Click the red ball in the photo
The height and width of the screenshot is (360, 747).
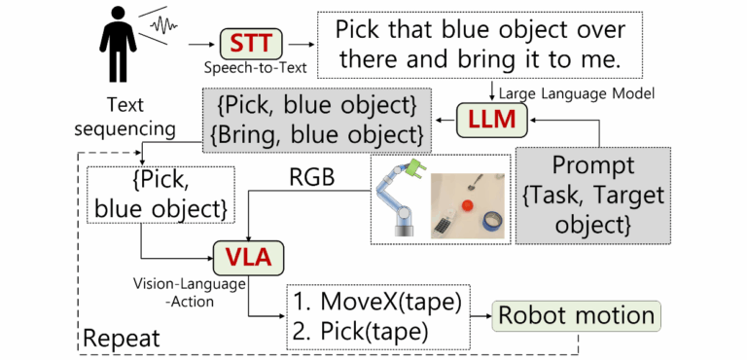click(x=468, y=205)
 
